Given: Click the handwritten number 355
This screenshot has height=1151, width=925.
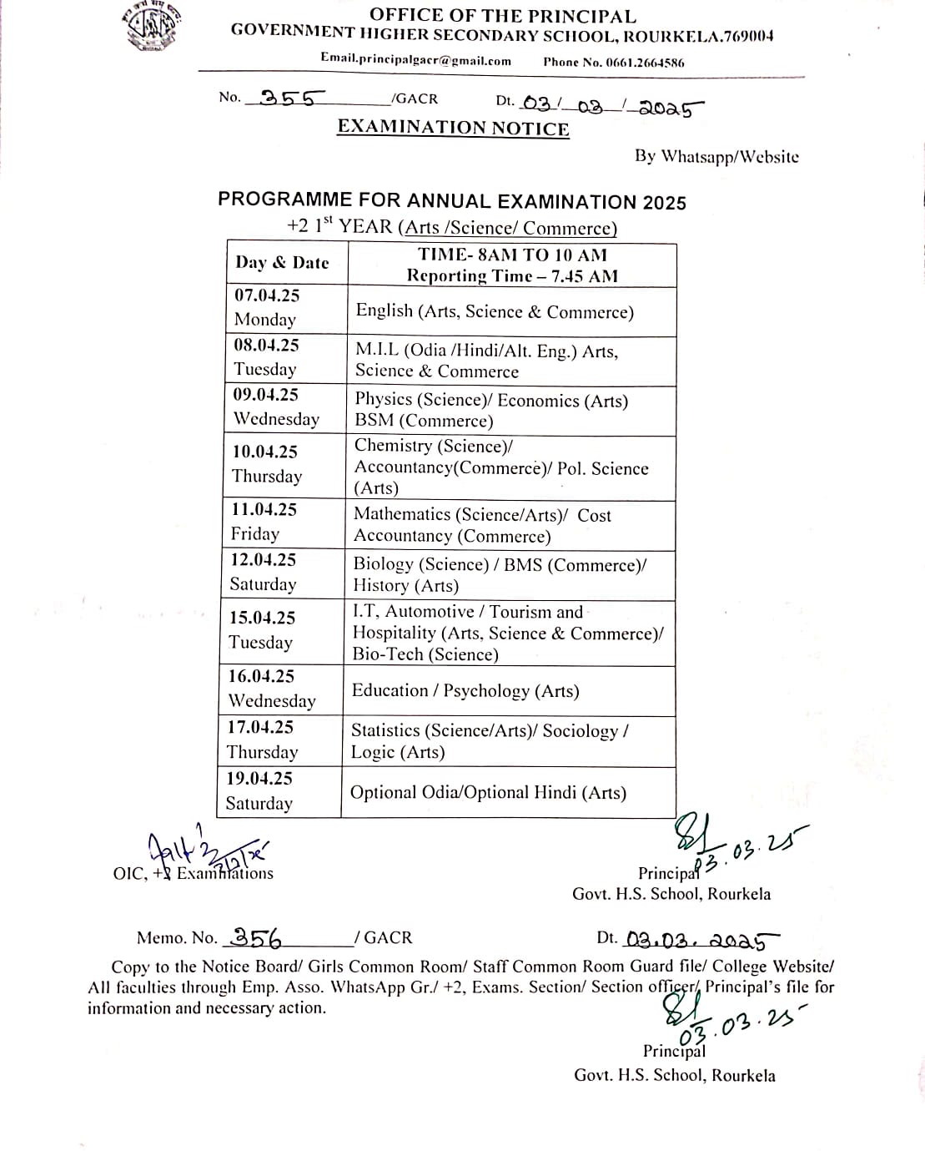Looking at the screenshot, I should coord(287,98).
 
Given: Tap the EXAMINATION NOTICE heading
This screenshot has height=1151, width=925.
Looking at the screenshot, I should coord(453,128).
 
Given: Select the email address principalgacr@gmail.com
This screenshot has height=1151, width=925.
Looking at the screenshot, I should coord(415,60).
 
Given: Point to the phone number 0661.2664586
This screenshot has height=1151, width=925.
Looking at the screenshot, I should coord(613,62).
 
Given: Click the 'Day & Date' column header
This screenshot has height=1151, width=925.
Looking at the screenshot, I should coord(282,263).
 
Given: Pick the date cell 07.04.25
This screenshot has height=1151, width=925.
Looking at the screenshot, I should coord(267,295).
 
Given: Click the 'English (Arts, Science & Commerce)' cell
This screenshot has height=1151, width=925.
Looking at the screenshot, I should coord(495,312).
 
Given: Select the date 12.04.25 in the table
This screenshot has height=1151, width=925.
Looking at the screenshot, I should coord(264,560).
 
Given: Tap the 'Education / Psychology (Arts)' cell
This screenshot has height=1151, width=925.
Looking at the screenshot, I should coord(465,691).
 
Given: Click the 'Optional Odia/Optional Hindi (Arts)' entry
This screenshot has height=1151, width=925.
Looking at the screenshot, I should coord(488,793).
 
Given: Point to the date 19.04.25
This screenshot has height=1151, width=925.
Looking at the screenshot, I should coord(259,779).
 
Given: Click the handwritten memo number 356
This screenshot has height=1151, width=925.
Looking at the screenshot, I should coord(256,938).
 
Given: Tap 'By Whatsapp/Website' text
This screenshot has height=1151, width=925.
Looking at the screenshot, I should coord(716,157).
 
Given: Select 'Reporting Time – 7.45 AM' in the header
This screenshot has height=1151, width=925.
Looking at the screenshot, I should coord(512,276).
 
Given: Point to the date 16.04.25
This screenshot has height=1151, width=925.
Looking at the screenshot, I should coord(261,677).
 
